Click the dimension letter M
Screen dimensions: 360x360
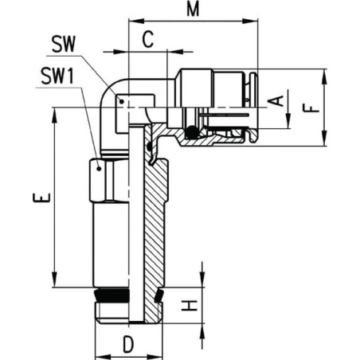[193, 10]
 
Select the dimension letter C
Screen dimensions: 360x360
[148, 39]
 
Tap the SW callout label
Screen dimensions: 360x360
[64, 44]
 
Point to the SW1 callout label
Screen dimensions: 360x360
[57, 76]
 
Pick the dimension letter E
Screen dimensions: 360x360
[41, 198]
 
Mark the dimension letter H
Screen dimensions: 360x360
[190, 305]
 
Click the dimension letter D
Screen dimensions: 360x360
[128, 344]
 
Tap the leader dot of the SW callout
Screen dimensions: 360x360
[122, 101]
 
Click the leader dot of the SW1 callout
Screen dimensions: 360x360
[99, 169]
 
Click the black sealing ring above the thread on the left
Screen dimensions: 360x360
[112, 294]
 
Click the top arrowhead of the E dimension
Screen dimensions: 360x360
[55, 115]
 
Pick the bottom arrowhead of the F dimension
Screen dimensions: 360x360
[325, 138]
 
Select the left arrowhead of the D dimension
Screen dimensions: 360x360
[103, 356]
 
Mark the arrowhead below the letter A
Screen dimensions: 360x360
[288, 121]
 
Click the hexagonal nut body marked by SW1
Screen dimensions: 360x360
[102, 180]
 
